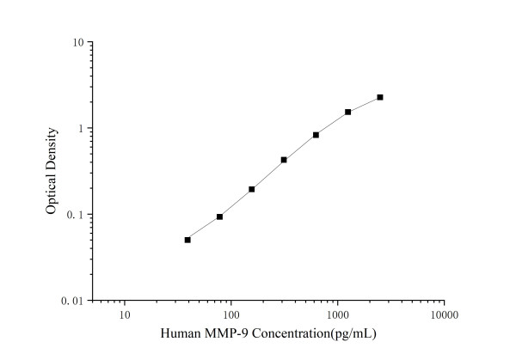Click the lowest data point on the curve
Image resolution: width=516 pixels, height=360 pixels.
(187, 240)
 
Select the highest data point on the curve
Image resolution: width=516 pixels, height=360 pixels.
(379, 97)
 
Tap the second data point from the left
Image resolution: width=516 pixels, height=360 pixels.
(219, 217)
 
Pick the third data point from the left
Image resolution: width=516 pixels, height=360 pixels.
(252, 189)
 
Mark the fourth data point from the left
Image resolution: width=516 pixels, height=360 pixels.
(284, 160)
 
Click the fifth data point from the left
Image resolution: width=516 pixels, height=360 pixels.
(316, 135)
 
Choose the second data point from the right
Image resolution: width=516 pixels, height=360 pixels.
(347, 112)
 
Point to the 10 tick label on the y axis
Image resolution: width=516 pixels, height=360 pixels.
(77, 42)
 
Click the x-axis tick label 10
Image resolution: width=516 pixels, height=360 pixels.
(125, 314)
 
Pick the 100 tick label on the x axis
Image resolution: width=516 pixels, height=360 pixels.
(231, 314)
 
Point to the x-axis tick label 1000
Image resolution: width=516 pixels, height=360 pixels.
(337, 314)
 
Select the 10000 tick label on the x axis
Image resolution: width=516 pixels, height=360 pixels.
(444, 314)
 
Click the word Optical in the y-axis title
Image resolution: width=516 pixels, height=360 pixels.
(52, 195)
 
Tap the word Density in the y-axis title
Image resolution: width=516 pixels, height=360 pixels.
(52, 148)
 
